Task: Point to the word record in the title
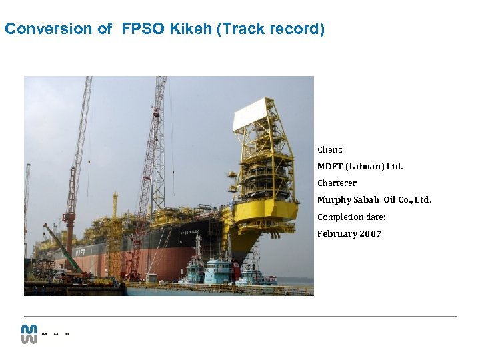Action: tap(296, 29)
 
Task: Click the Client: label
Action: tap(330, 150)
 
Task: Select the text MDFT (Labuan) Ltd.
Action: tap(360, 167)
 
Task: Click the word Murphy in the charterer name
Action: tap(334, 199)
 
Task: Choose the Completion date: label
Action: tap(351, 217)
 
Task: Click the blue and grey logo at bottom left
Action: tap(29, 333)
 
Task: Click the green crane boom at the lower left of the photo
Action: tap(63, 248)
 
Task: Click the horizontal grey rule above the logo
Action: tap(240, 316)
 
